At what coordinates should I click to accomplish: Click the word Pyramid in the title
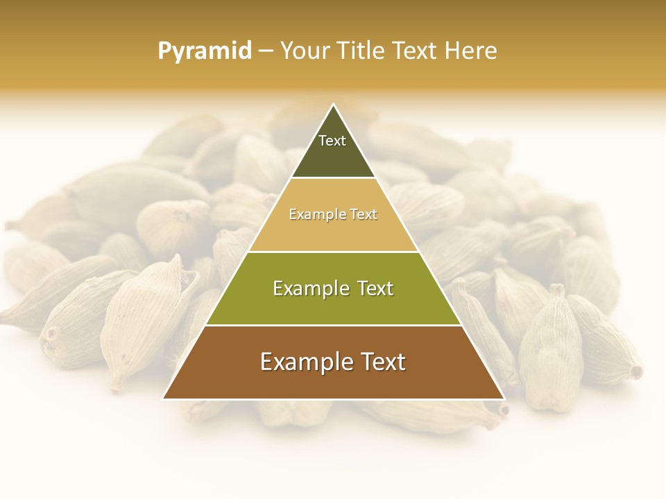(205, 51)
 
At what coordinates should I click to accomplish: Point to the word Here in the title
(471, 51)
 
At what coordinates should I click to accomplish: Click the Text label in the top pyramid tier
(332, 141)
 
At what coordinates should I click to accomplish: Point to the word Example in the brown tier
(304, 362)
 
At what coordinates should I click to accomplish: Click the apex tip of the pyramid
(333, 105)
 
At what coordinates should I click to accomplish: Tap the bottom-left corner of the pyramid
(163, 399)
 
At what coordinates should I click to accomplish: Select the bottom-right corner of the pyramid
(504, 399)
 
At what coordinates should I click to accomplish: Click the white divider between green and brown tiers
(333, 325)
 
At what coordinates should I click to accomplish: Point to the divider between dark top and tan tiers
(333, 178)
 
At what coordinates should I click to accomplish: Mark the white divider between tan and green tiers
(333, 252)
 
